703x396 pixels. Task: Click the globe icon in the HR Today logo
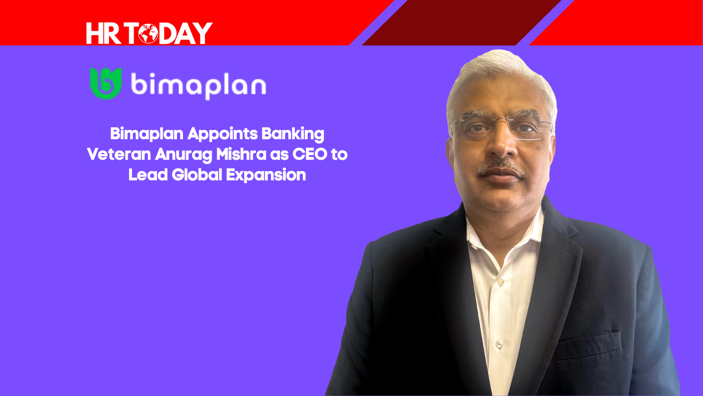148,33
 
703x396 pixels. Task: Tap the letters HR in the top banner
104,33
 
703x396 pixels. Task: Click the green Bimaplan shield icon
106,84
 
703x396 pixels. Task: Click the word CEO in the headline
310,154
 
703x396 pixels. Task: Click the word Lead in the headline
148,174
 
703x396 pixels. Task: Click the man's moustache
500,167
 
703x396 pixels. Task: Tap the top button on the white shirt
501,282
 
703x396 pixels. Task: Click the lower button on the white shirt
499,344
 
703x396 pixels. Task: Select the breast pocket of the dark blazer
588,345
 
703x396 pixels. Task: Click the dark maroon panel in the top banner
462,22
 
